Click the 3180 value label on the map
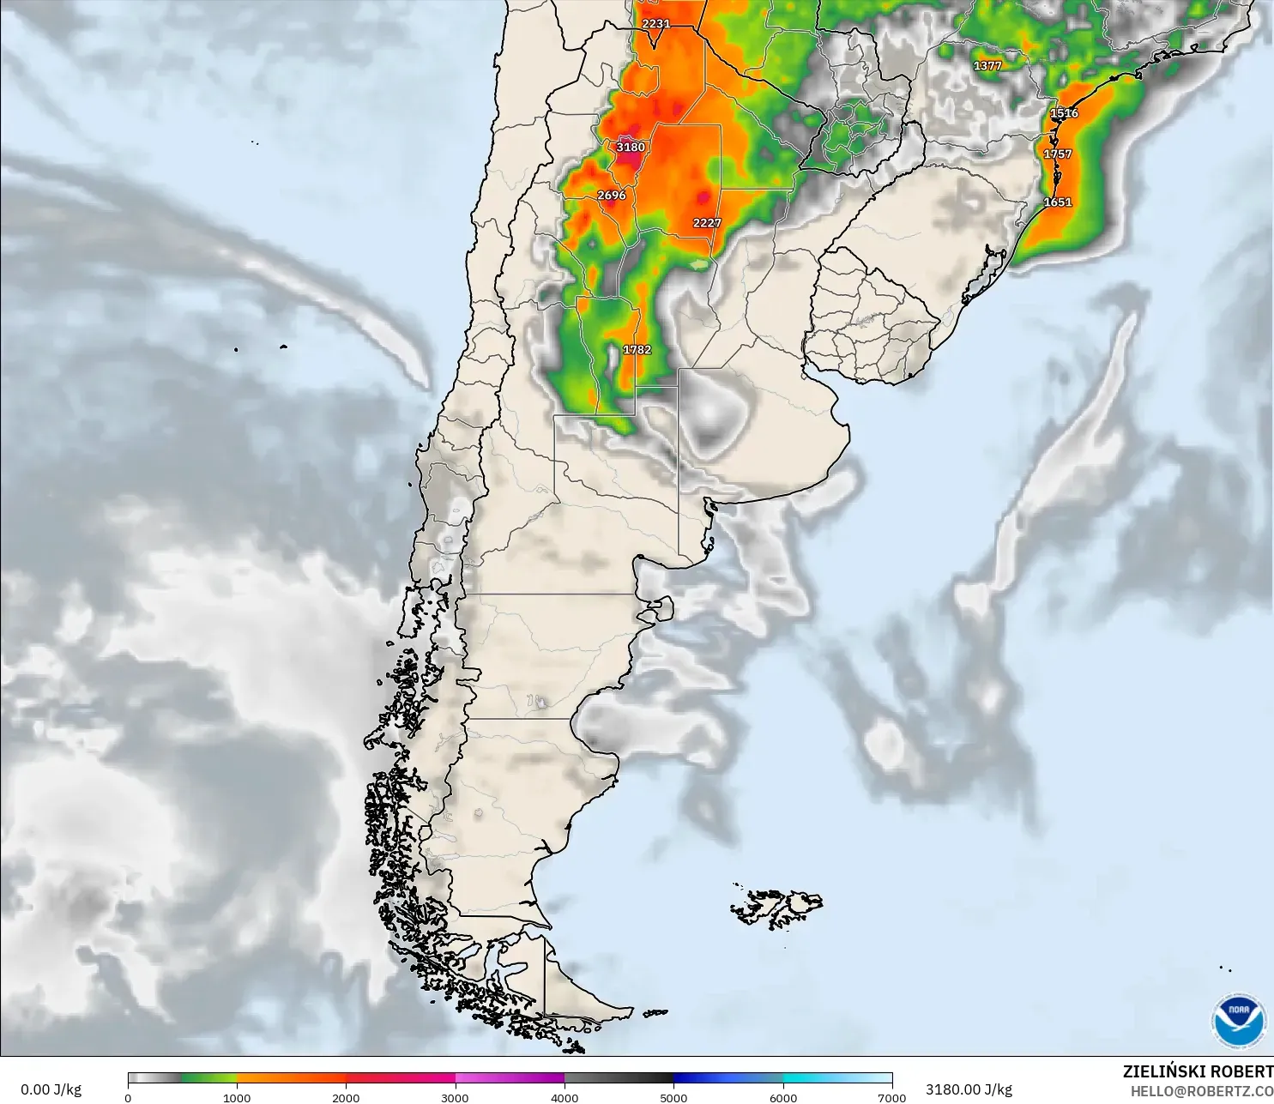(x=631, y=147)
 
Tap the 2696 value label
(x=612, y=195)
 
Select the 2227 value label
(x=707, y=223)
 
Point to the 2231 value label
(x=656, y=23)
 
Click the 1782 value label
(x=637, y=350)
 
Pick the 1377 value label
(x=987, y=65)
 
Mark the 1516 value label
(x=1064, y=113)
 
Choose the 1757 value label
(x=1057, y=154)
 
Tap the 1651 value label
(x=1057, y=202)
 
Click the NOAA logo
(x=1239, y=1020)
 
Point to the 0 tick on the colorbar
(x=128, y=1097)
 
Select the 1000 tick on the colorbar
(x=237, y=1097)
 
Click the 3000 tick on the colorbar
(x=455, y=1097)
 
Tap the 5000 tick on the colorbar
(x=673, y=1097)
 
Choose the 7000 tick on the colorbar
(x=892, y=1097)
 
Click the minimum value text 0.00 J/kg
(x=51, y=1089)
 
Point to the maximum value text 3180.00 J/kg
(x=969, y=1089)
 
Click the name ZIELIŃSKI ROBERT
(x=1198, y=1071)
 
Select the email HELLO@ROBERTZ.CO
(x=1201, y=1091)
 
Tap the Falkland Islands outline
(x=776, y=908)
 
